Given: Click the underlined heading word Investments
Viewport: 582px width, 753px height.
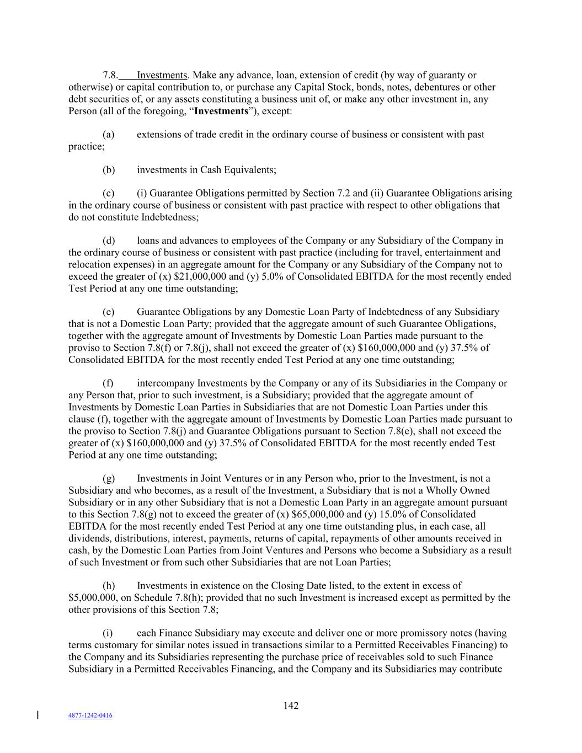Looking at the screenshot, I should pyautogui.click(x=162, y=75).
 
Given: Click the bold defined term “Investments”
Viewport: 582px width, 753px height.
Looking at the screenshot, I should pyautogui.click(x=221, y=111).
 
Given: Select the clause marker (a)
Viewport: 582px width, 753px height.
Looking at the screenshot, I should pyautogui.click(x=109, y=135).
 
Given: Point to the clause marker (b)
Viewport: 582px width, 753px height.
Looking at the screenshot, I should pyautogui.click(x=109, y=170).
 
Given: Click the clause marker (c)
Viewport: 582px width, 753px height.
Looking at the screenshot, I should pyautogui.click(x=109, y=193).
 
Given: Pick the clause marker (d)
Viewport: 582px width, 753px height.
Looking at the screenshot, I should pyautogui.click(x=109, y=241).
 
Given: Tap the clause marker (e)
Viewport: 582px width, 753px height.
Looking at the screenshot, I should pyautogui.click(x=109, y=312).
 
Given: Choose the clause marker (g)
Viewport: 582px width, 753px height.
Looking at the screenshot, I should pyautogui.click(x=109, y=478).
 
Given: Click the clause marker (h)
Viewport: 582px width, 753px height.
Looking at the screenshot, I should pyautogui.click(x=109, y=585).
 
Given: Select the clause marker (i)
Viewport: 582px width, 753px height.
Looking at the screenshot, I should pyautogui.click(x=108, y=633).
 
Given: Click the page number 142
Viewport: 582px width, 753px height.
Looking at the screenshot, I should pyautogui.click(x=291, y=706).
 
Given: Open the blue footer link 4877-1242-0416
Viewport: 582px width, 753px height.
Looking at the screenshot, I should pyautogui.click(x=90, y=715).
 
